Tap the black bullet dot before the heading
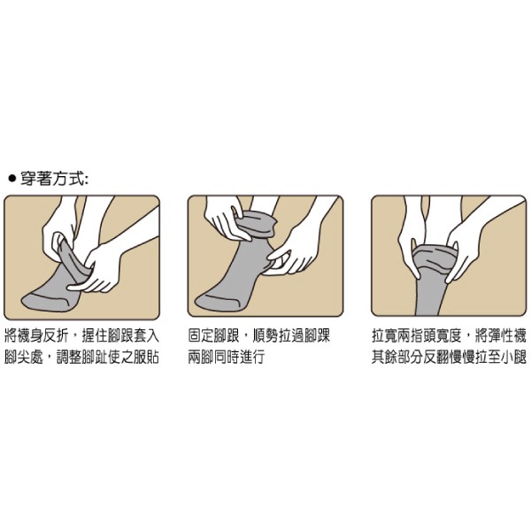coord(12,179)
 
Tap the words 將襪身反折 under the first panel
coord(36,336)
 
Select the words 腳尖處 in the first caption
coord(24,357)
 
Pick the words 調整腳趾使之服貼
coord(108,357)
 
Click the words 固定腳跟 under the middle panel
coord(213,336)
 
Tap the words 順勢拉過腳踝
coord(291,336)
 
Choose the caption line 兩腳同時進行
coord(227,357)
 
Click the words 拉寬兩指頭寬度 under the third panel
coord(417,336)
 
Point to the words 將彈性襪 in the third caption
coord(501,336)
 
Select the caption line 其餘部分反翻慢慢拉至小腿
coord(449,357)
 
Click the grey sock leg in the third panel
coord(431,295)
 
